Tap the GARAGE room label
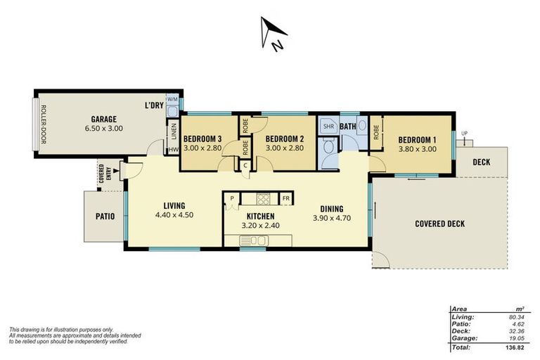[103, 119]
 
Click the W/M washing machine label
[172, 99]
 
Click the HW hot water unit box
[173, 150]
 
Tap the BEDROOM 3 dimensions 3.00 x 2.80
[203, 148]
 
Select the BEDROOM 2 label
[284, 139]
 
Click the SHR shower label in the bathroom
[328, 127]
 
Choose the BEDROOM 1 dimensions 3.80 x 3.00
[418, 148]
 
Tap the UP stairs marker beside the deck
[464, 133]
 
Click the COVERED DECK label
[439, 224]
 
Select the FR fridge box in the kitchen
[286, 198]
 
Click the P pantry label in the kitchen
[231, 198]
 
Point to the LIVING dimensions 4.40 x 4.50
[174, 216]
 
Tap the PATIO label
[105, 216]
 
